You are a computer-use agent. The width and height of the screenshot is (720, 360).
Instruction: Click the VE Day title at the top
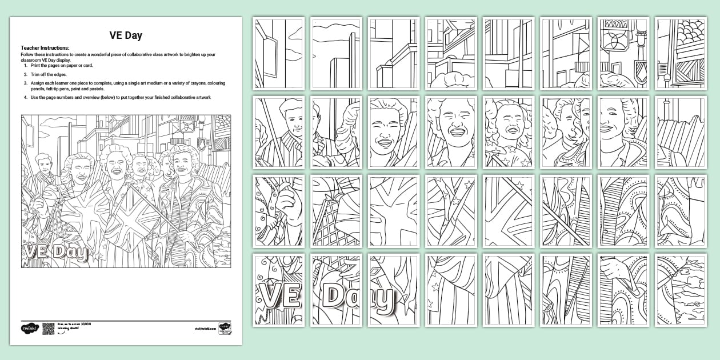(126, 35)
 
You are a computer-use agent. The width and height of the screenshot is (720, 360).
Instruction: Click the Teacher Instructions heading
(45, 48)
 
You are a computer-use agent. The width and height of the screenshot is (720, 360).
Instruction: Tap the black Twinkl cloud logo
(29, 329)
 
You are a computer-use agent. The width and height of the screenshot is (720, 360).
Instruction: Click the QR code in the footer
(48, 329)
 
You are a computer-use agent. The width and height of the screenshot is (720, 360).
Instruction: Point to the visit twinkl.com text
(204, 329)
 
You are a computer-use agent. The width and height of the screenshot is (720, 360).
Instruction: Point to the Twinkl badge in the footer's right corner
(225, 330)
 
